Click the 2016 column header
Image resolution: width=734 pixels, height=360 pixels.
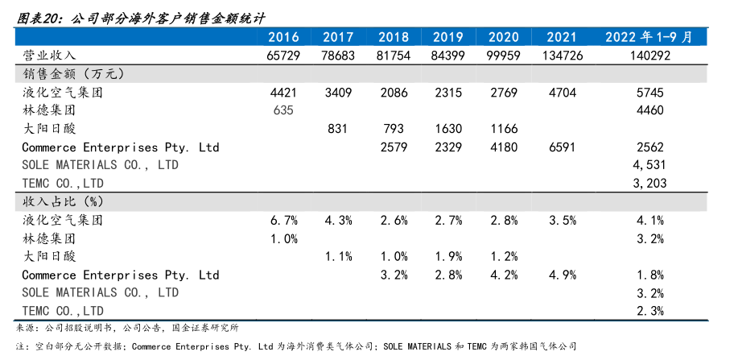point(283,37)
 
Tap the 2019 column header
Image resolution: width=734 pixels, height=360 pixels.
point(447,37)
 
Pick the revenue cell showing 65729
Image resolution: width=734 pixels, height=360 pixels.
point(283,55)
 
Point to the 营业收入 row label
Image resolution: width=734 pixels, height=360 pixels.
point(49,55)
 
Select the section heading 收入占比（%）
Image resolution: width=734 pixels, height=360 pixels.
point(64,201)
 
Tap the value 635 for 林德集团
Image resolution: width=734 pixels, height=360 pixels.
point(283,110)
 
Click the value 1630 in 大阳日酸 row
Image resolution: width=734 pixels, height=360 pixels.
point(447,129)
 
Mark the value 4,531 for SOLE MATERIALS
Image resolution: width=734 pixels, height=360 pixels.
point(649,166)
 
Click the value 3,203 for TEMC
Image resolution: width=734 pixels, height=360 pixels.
point(649,184)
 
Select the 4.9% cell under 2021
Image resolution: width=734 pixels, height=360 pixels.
point(562,275)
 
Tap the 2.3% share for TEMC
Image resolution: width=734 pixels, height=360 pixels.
point(649,311)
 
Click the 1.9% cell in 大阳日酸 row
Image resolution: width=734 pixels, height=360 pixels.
point(447,257)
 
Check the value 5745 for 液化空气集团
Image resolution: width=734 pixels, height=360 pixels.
point(649,93)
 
